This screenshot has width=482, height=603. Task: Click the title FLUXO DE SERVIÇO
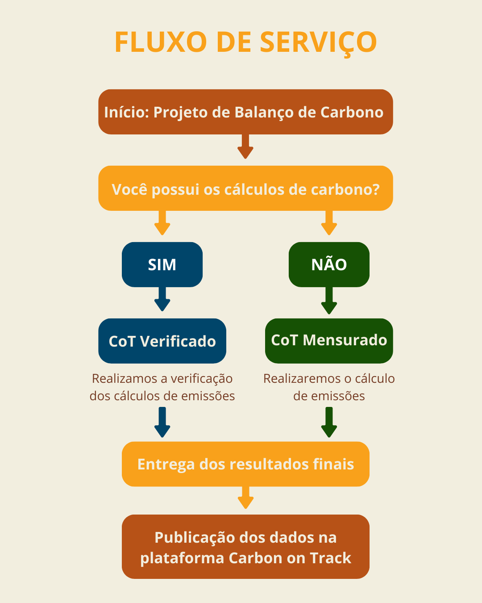(245, 42)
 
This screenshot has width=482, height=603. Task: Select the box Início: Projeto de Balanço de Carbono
(245, 112)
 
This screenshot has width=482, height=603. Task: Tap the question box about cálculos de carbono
(245, 188)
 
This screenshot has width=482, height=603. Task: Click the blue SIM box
(162, 264)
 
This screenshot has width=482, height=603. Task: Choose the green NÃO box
(329, 264)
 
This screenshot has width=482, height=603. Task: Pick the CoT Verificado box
(162, 341)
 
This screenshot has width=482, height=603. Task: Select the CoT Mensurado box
(329, 340)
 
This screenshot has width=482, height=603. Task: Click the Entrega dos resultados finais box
(245, 464)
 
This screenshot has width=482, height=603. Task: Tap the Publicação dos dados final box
(245, 547)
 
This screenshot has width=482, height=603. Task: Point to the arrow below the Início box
(245, 147)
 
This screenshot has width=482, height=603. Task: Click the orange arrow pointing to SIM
(162, 223)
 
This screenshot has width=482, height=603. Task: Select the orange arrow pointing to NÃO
(329, 223)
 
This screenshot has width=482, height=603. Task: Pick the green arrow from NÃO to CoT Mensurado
(329, 301)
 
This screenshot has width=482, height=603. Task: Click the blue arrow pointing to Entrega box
(162, 423)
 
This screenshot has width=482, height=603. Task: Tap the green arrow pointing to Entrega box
(329, 423)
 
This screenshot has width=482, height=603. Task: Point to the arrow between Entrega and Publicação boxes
(245, 498)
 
